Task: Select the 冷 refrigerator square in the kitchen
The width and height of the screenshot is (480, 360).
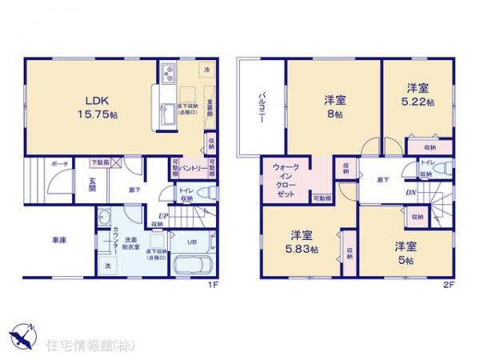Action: (206, 70)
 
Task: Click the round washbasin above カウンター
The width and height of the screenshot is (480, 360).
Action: (106, 218)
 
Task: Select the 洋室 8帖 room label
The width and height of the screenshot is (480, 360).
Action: (334, 107)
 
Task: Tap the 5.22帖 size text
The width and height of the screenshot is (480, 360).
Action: (417, 103)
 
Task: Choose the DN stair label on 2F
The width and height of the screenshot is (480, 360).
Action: (409, 192)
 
